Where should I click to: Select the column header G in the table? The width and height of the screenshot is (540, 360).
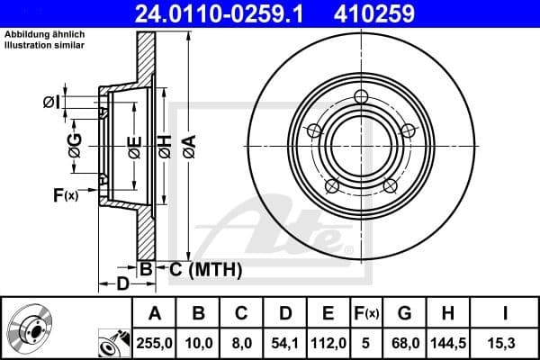(x=405, y=313)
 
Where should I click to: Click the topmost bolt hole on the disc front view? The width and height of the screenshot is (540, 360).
(x=362, y=96)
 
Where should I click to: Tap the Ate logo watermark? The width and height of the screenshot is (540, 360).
(x=279, y=225)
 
